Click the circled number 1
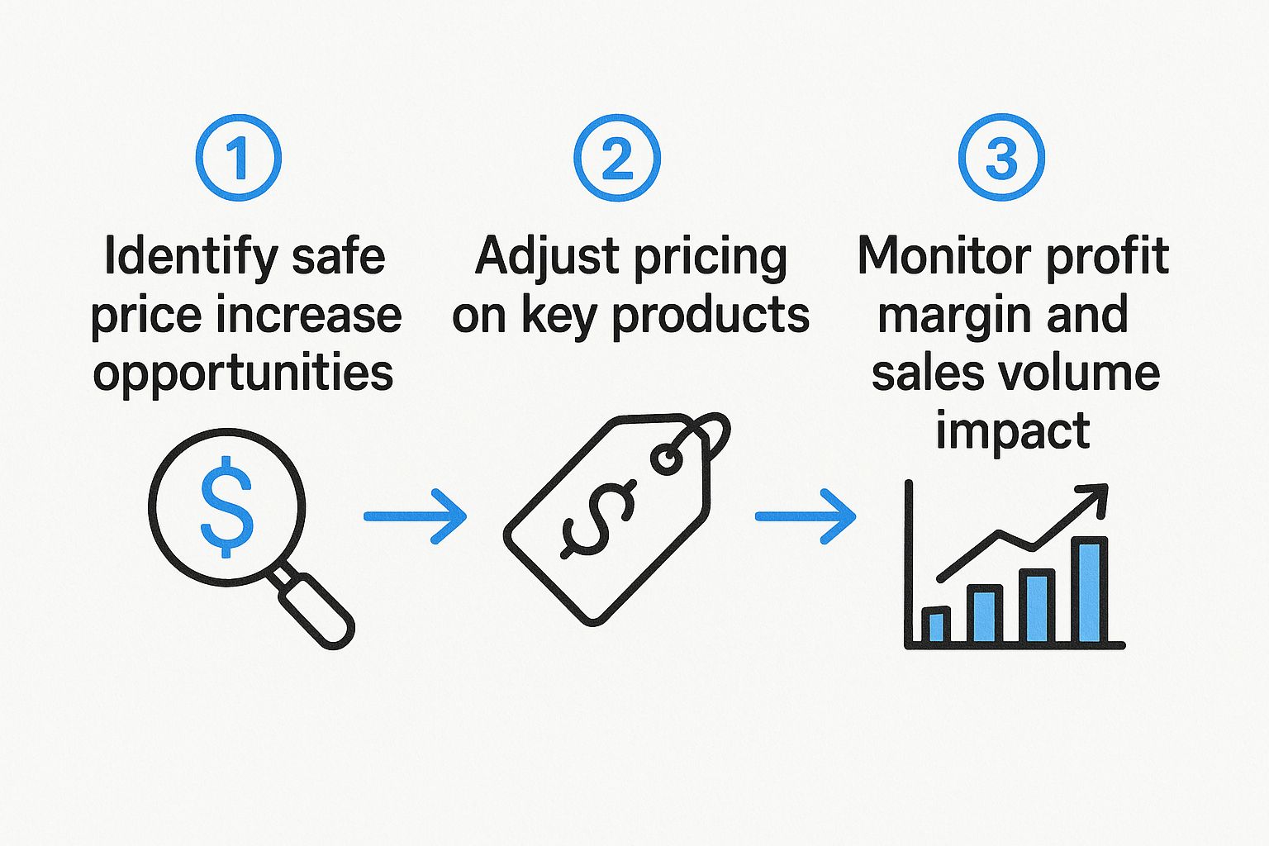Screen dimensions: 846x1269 tap(238, 157)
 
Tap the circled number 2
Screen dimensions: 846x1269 tap(617, 157)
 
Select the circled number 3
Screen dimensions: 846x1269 tap(1001, 157)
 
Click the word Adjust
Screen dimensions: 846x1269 tap(546, 256)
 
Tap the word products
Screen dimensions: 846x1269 tap(711, 316)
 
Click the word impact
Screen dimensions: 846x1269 tap(1013, 431)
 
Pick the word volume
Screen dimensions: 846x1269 tap(1086, 373)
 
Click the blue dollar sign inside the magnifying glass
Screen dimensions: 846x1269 tap(226, 510)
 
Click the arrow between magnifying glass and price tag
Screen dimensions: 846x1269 tap(415, 516)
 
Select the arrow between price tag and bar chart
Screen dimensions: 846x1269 tap(806, 516)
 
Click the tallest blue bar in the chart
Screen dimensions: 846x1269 tap(1089, 590)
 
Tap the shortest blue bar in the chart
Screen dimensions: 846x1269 tap(935, 625)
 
